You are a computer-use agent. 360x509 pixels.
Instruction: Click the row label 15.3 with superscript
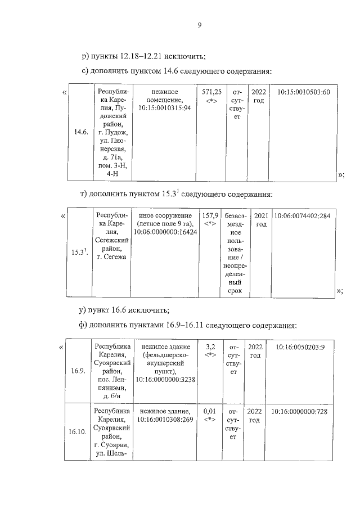(x=79, y=252)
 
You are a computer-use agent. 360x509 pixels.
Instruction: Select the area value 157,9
(x=210, y=216)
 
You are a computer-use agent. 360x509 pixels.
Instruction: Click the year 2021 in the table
(x=260, y=216)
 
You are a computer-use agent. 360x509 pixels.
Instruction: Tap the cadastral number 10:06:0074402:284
(x=301, y=216)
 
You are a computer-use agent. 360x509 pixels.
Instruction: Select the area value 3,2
(x=211, y=347)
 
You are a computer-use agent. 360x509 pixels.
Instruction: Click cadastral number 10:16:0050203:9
(x=300, y=347)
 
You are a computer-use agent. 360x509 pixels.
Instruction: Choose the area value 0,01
(x=210, y=412)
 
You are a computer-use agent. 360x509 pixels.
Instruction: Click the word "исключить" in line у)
(x=148, y=310)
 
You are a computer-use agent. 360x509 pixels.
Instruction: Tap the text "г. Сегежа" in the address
(x=112, y=256)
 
